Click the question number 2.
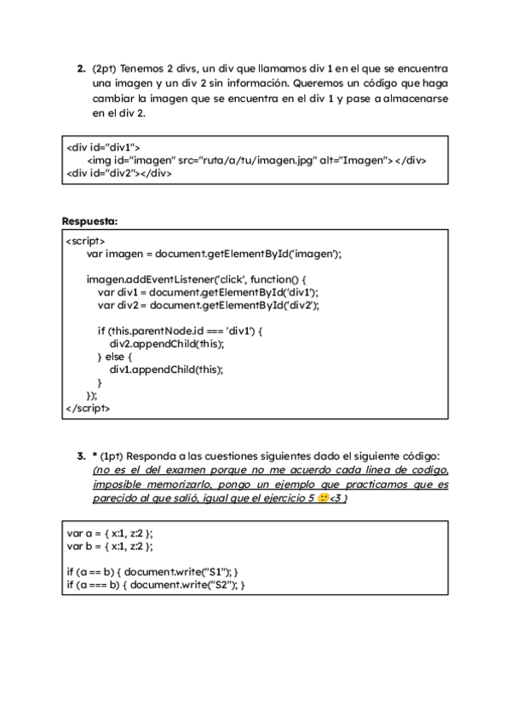tap(81, 68)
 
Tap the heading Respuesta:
tap(89, 221)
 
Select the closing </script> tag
tap(88, 408)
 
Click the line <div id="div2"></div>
tap(119, 173)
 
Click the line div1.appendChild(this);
tap(167, 370)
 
